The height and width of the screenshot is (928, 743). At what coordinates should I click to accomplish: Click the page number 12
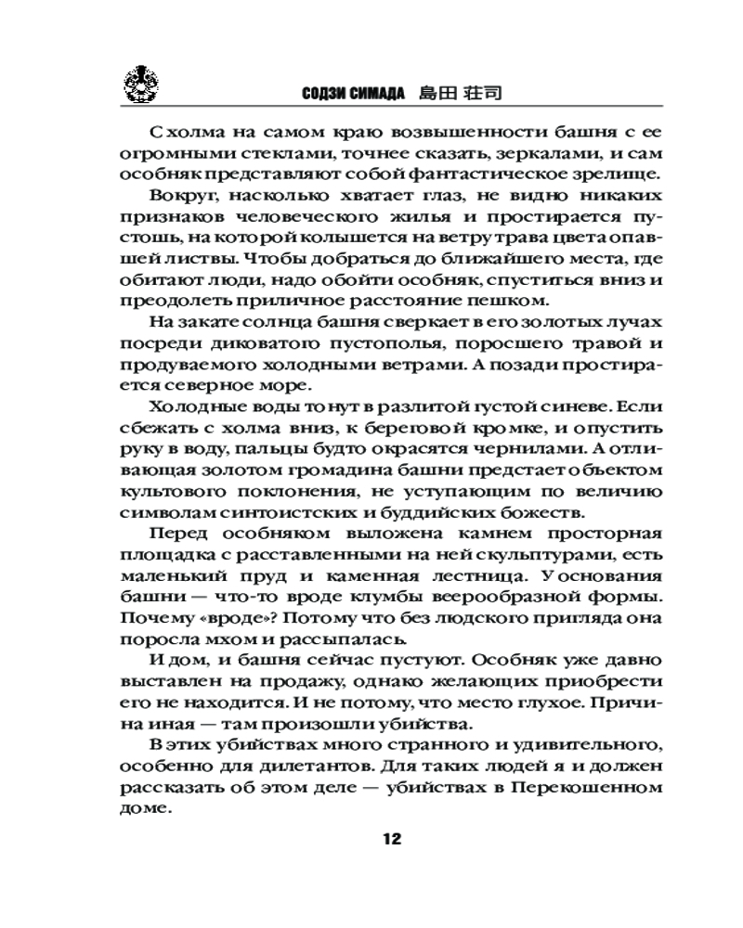click(x=390, y=839)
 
